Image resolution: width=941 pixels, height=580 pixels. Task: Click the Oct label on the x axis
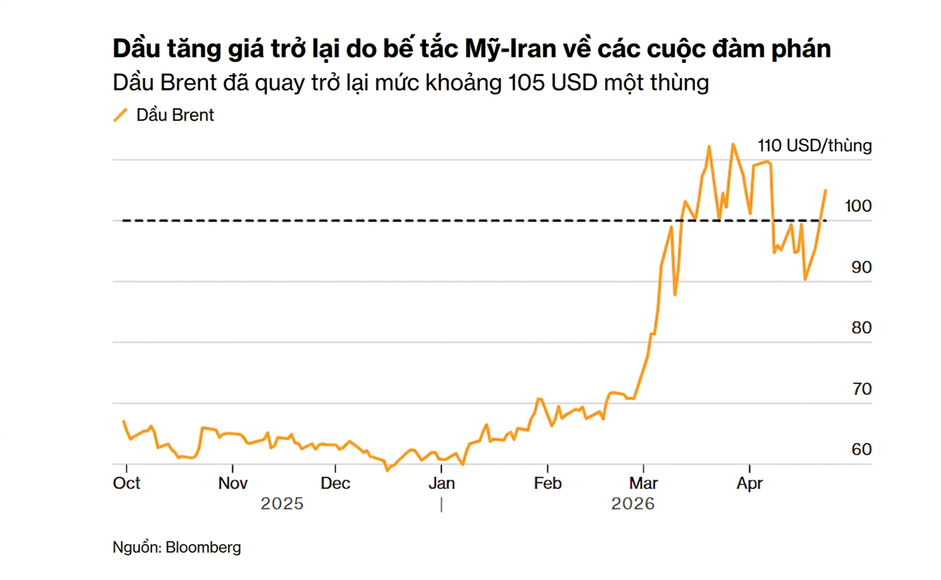click(127, 483)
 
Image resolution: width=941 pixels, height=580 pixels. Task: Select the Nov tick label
click(233, 483)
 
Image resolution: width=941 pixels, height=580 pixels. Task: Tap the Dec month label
click(336, 483)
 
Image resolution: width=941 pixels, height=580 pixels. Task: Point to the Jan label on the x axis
click(441, 483)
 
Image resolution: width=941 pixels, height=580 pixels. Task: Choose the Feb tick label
click(547, 483)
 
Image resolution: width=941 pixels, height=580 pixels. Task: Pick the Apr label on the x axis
click(750, 483)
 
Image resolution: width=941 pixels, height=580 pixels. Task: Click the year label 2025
click(282, 504)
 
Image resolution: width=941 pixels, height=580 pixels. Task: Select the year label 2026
click(633, 504)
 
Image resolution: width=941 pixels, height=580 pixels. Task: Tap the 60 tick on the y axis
click(861, 450)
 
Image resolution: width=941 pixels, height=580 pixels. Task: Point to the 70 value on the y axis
click(861, 389)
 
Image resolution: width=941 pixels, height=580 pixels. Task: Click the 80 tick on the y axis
click(861, 328)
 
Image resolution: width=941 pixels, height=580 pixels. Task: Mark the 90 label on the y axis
click(861, 267)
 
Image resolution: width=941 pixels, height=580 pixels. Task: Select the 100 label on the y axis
click(858, 206)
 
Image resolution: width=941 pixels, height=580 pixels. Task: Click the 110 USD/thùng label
click(815, 146)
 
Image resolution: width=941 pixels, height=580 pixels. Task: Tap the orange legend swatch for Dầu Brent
click(120, 115)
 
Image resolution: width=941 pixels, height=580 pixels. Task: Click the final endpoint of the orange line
click(826, 190)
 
